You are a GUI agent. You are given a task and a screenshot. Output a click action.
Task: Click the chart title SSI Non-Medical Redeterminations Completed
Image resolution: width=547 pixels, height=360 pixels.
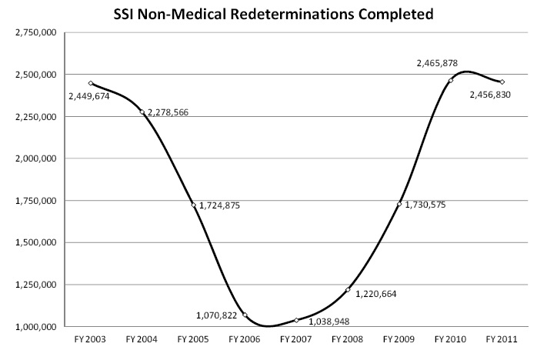pyautogui.click(x=273, y=13)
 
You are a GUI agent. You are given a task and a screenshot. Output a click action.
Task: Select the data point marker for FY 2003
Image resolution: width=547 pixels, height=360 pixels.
pyautogui.click(x=91, y=83)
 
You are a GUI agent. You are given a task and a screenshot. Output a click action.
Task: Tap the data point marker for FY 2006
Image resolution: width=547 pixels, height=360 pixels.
pyautogui.click(x=245, y=315)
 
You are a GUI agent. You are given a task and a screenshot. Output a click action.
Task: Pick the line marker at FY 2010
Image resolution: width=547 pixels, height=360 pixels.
pyautogui.click(x=451, y=80)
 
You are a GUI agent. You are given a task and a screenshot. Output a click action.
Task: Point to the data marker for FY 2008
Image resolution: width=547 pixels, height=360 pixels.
pyautogui.click(x=348, y=289)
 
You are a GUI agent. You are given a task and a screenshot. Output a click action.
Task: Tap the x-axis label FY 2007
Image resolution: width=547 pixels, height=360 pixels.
pyautogui.click(x=296, y=339)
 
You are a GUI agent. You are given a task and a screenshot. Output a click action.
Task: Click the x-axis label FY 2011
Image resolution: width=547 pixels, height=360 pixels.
pyautogui.click(x=502, y=339)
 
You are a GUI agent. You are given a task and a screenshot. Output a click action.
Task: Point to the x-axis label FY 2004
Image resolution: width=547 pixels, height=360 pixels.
pyautogui.click(x=142, y=339)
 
